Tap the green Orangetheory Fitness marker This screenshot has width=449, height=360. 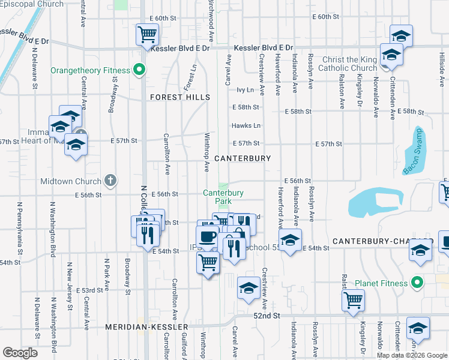tap(139, 70)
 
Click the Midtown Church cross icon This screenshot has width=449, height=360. tap(110, 180)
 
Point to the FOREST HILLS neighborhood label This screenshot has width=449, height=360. tap(180, 97)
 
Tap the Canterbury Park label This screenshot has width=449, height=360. tap(223, 197)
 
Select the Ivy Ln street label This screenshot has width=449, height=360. tap(246, 90)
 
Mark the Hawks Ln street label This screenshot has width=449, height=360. tap(247, 125)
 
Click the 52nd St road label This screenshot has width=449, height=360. tap(267, 316)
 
